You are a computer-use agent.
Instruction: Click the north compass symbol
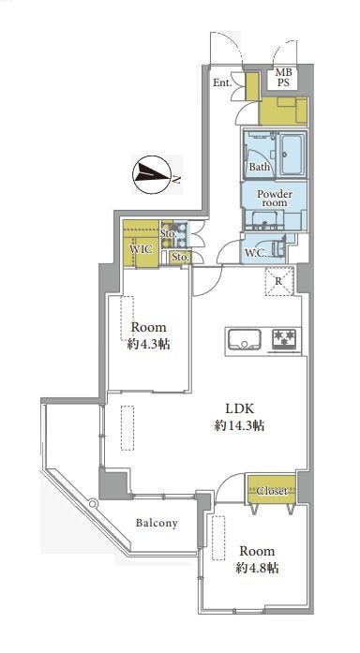click(x=151, y=174)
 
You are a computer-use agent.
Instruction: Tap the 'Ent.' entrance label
click(x=222, y=82)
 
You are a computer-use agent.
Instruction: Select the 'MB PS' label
click(x=283, y=78)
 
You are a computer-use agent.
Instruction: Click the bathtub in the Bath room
click(x=293, y=155)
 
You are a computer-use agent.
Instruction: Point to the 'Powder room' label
click(x=275, y=199)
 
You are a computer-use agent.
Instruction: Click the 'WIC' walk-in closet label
click(x=139, y=250)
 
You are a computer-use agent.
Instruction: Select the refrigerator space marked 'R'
click(x=278, y=281)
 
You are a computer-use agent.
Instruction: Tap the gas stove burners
click(x=285, y=339)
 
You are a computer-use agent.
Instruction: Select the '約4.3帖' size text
click(x=149, y=345)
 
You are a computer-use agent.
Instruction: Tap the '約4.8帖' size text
click(x=257, y=568)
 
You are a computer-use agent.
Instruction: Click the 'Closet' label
click(x=272, y=491)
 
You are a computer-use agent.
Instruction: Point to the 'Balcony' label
click(x=157, y=523)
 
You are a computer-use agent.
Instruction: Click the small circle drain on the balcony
click(x=93, y=503)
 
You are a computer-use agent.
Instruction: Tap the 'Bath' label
click(x=260, y=168)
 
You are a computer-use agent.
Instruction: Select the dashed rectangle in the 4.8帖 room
click(x=217, y=538)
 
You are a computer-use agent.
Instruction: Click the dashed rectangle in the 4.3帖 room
click(x=127, y=319)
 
